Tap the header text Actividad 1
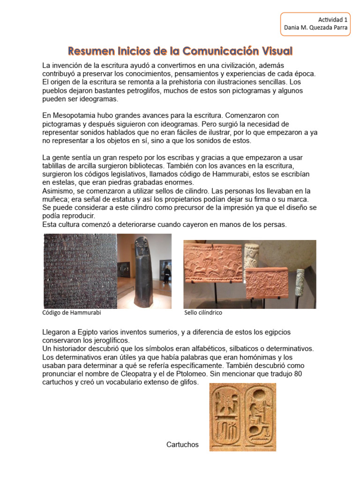coord(333,20)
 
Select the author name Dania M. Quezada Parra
coord(315,28)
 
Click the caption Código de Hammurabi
coord(72,313)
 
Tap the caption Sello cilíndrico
coord(203,313)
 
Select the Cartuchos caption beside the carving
coord(182,444)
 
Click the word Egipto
coord(85,332)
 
